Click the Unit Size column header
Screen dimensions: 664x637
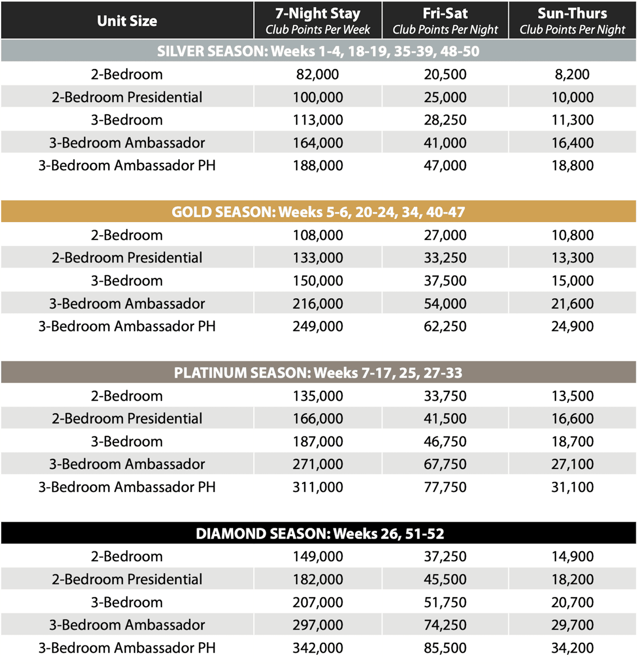click(127, 21)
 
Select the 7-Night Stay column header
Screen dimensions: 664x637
click(318, 21)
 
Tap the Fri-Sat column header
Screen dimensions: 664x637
click(445, 21)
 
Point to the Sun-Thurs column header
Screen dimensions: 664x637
click(572, 21)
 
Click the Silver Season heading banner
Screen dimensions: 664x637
click(318, 51)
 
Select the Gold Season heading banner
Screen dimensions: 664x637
click(318, 212)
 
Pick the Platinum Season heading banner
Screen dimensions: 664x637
click(318, 373)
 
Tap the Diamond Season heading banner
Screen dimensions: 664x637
click(318, 533)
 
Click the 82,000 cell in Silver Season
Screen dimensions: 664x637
click(318, 75)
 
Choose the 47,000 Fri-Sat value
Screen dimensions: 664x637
click(445, 165)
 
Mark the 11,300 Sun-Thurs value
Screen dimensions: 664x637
click(572, 120)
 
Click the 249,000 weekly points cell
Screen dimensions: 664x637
click(318, 327)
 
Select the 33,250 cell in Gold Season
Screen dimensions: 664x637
click(445, 258)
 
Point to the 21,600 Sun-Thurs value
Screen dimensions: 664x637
click(572, 304)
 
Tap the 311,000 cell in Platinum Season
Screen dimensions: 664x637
click(318, 487)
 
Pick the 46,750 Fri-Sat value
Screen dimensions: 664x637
click(445, 441)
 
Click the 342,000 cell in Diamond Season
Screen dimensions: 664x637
click(318, 648)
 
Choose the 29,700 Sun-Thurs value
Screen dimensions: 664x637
click(572, 625)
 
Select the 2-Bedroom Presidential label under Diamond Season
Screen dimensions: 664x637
click(127, 579)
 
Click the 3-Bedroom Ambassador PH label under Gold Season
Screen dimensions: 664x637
click(127, 327)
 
